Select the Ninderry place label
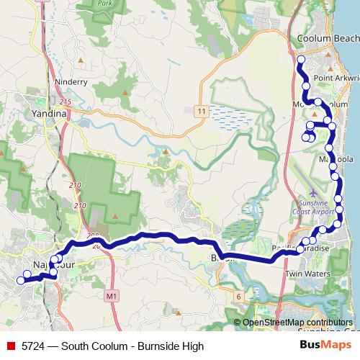(x=71, y=82)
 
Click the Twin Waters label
(x=307, y=274)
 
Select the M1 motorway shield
(x=110, y=295)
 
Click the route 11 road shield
(x=200, y=111)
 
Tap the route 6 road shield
(x=238, y=295)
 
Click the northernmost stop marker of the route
(x=301, y=59)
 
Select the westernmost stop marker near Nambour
(x=19, y=280)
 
